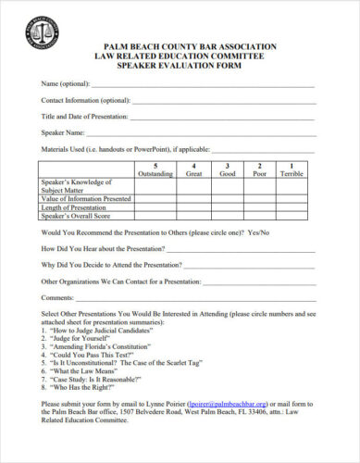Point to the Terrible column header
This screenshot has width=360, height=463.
[292, 169]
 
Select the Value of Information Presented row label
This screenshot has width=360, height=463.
[86, 198]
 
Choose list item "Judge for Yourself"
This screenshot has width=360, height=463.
[78, 338]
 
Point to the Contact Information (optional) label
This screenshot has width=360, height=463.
[85, 100]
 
